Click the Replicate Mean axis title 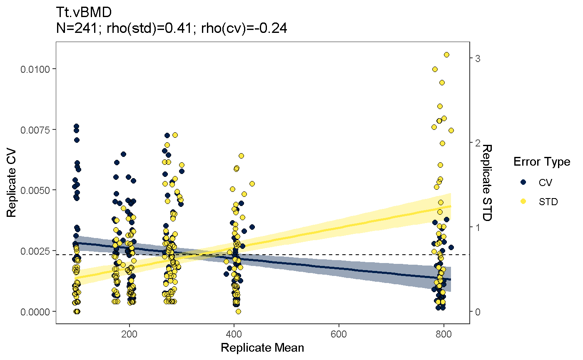pyautogui.click(x=262, y=348)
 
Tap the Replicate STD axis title pyautogui.click(x=487, y=183)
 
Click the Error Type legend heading pyautogui.click(x=541, y=161)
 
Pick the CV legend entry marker pyautogui.click(x=524, y=182)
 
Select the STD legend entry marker pyautogui.click(x=524, y=201)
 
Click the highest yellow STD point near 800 pyautogui.click(x=446, y=55)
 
